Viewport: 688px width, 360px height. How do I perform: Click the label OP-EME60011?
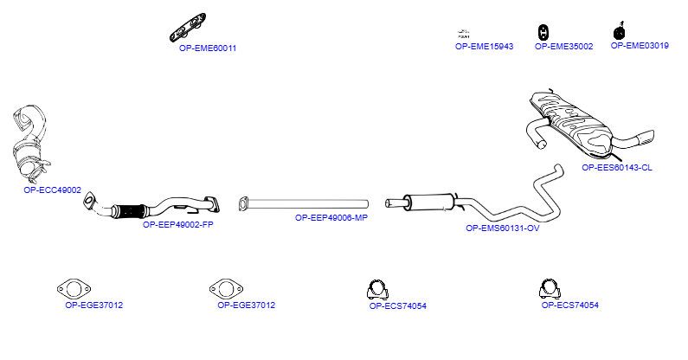208,48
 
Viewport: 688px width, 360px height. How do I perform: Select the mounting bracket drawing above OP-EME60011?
189,27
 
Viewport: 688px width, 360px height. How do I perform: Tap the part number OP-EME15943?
484,46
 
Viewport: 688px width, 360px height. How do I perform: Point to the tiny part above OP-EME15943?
463,34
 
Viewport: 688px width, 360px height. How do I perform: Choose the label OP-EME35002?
564,46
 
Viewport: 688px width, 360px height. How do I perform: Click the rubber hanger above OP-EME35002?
543,32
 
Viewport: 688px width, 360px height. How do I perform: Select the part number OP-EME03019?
640,45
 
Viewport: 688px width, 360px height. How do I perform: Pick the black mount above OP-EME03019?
619,31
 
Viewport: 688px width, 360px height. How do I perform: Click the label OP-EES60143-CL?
617,167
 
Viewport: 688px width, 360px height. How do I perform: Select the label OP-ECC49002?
52,190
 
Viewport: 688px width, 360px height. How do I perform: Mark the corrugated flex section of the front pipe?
131,211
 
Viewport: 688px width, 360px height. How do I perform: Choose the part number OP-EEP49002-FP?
178,225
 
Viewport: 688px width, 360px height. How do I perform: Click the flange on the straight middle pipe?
243,204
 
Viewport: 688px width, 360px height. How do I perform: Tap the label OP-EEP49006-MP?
331,218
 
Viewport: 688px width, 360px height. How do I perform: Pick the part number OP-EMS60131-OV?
503,228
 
